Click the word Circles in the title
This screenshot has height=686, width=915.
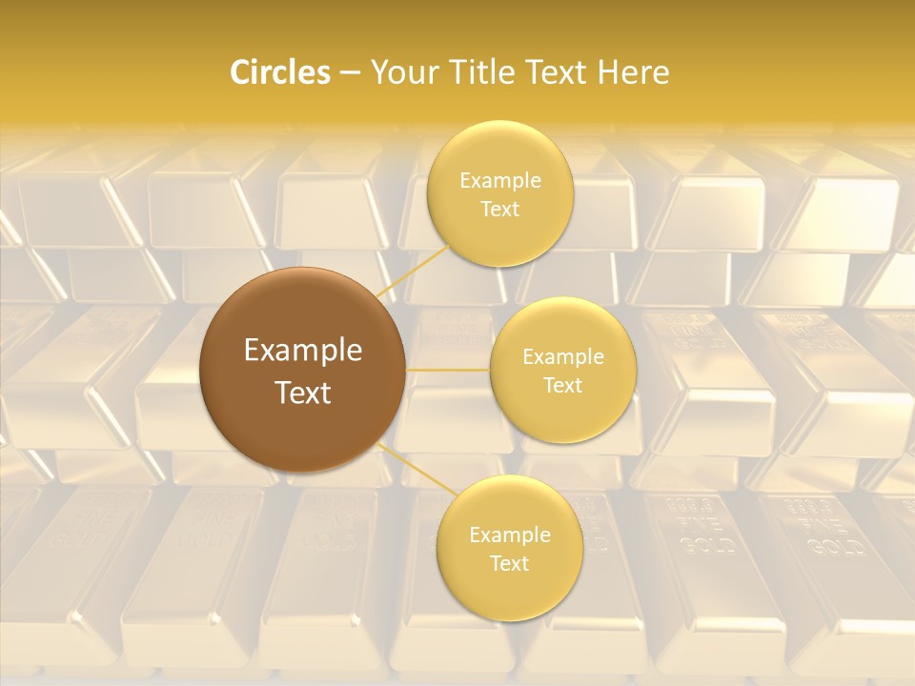pyautogui.click(x=279, y=72)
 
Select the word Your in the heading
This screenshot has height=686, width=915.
pyautogui.click(x=398, y=72)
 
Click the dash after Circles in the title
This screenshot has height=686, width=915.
pyautogui.click(x=350, y=73)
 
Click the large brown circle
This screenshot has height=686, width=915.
pyautogui.click(x=302, y=314)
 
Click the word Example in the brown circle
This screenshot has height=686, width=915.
pyautogui.click(x=303, y=351)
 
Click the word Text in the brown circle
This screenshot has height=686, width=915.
pyautogui.click(x=303, y=393)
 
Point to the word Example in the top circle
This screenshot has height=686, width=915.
pyautogui.click(x=500, y=181)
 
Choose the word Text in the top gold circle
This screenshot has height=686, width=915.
pyautogui.click(x=500, y=210)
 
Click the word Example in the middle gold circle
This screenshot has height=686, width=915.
pyautogui.click(x=563, y=357)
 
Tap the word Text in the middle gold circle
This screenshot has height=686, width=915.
pyautogui.click(x=563, y=386)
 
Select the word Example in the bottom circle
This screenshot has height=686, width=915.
pyautogui.click(x=510, y=535)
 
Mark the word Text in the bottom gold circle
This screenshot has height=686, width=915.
pyautogui.click(x=510, y=564)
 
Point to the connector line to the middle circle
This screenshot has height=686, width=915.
pyautogui.click(x=448, y=370)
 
